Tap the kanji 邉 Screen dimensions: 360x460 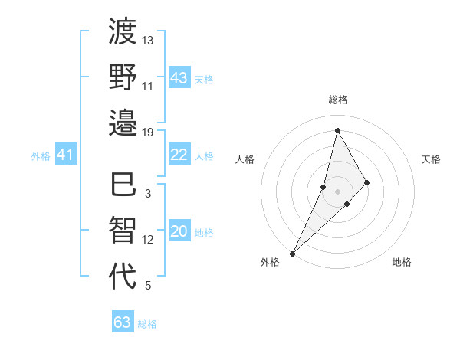(123, 122)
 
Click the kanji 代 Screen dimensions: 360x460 (123, 276)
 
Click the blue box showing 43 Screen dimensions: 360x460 (179, 77)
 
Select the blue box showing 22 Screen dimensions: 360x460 (179, 155)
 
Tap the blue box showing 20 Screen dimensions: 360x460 (179, 232)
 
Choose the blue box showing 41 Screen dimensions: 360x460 (66, 155)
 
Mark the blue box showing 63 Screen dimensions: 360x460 (123, 322)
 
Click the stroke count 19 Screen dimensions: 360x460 (148, 132)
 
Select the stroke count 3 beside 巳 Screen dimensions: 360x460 (148, 194)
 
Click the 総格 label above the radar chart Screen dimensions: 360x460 (338, 100)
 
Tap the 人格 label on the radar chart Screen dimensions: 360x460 (245, 159)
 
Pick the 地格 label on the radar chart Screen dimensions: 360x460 (402, 262)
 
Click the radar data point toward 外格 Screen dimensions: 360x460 (292, 253)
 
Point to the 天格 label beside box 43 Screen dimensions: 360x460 (203, 79)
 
